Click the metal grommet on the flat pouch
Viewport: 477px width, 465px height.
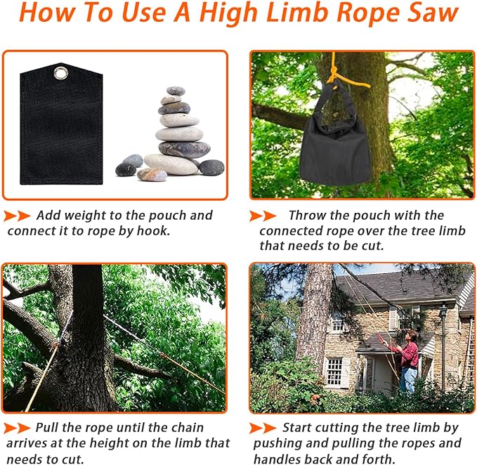pyautogui.click(x=61, y=73)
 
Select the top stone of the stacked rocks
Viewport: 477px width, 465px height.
pyautogui.click(x=176, y=91)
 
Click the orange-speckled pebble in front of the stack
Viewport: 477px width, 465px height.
pyautogui.click(x=152, y=174)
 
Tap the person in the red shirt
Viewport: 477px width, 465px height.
pyautogui.click(x=406, y=361)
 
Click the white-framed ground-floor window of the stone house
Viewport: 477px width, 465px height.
pyautogui.click(x=334, y=372)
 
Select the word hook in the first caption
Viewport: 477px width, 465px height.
pyautogui.click(x=153, y=231)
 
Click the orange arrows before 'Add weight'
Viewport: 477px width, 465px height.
pyautogui.click(x=17, y=216)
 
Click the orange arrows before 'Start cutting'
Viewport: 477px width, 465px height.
pyautogui.click(x=263, y=428)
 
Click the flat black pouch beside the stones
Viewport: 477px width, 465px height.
pyautogui.click(x=61, y=124)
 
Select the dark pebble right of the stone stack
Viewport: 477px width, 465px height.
pyautogui.click(x=211, y=167)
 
